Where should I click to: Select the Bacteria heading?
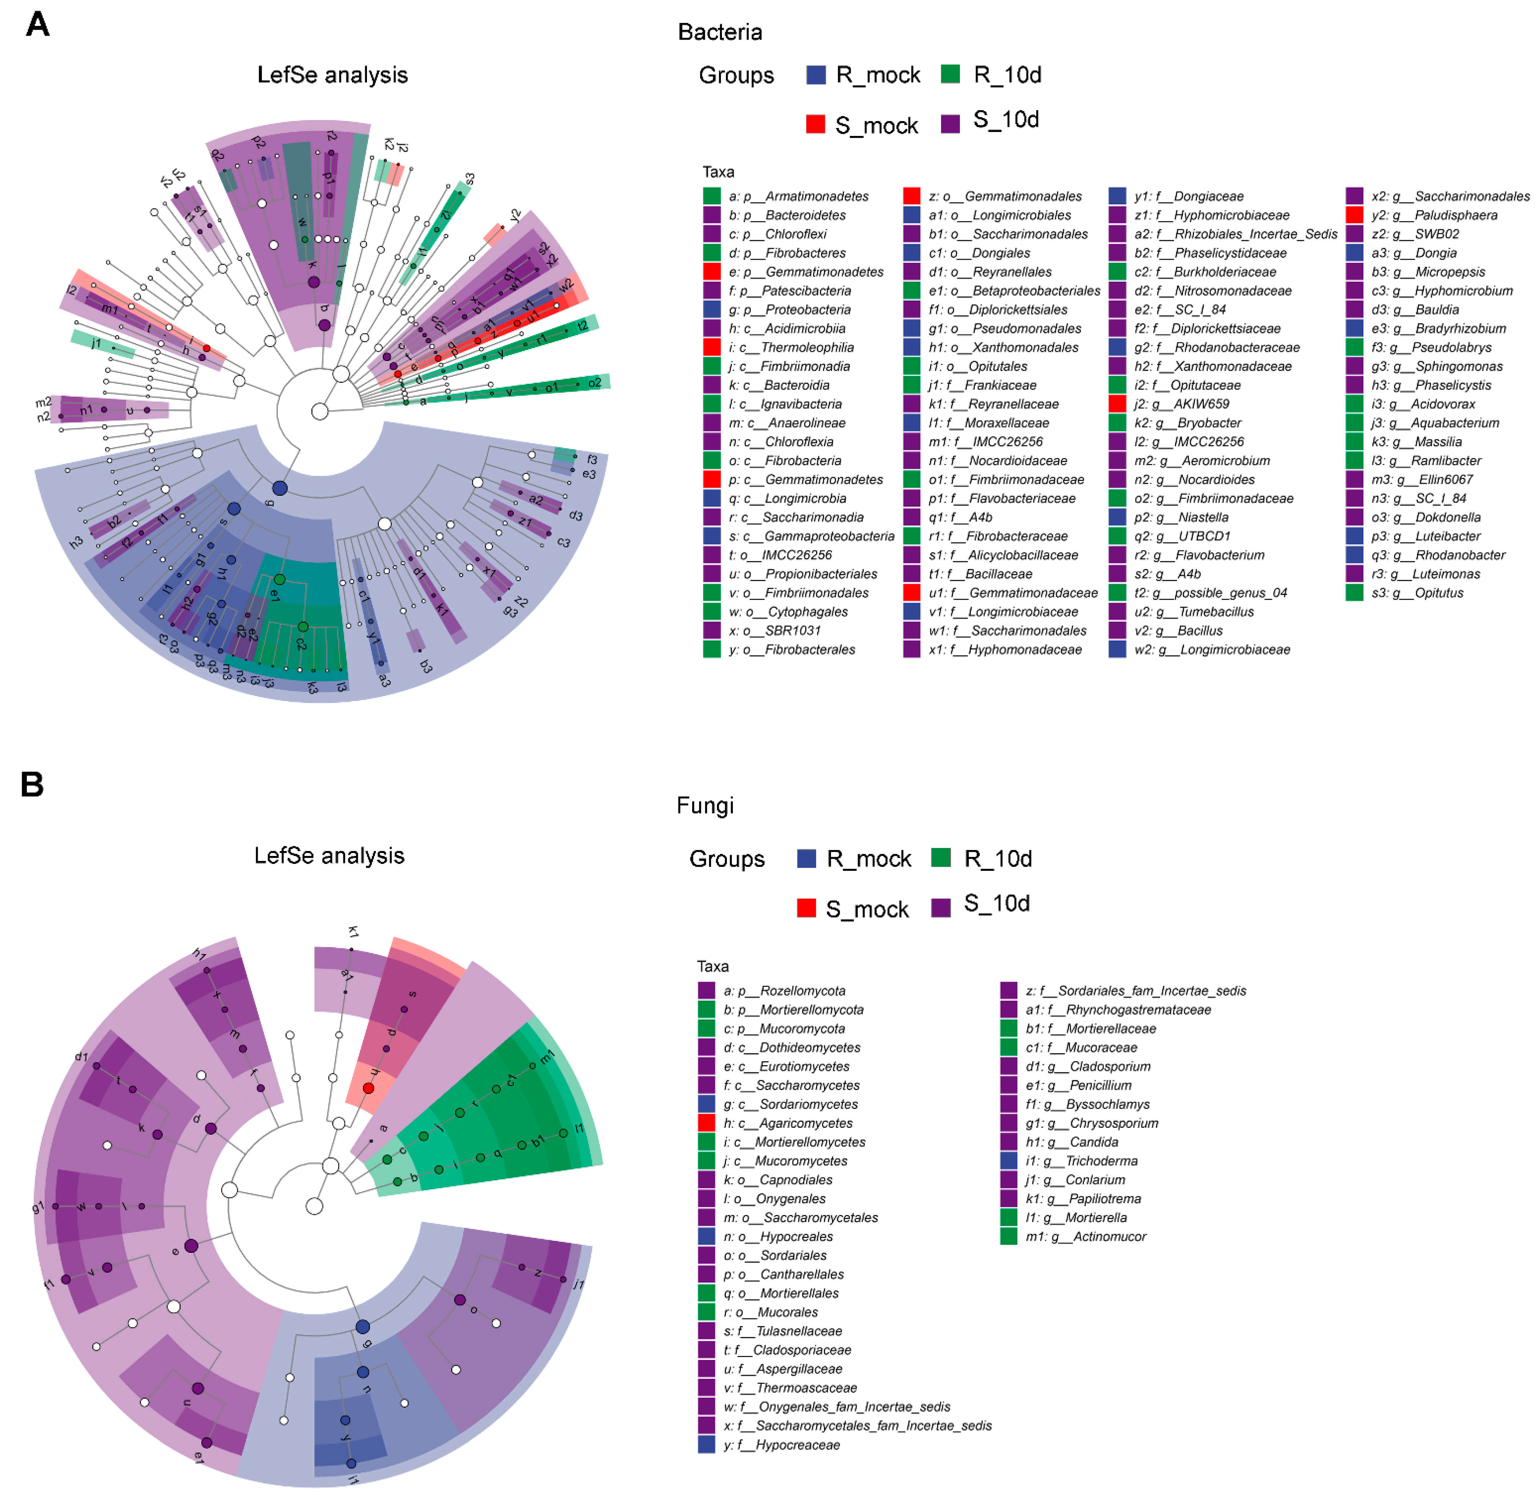(x=720, y=32)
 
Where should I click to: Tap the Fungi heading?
(x=705, y=806)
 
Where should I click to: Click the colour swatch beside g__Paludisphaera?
(x=1354, y=215)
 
